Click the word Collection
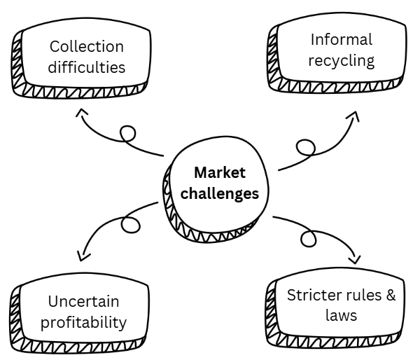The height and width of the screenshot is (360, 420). [x=87, y=47]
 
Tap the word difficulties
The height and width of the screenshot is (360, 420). [x=87, y=68]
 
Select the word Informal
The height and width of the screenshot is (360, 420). [x=342, y=39]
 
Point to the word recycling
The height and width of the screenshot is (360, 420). [x=342, y=61]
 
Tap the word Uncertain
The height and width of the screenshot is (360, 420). [x=84, y=301]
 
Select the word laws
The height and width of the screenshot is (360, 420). [x=341, y=316]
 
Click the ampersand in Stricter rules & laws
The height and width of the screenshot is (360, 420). [x=390, y=295]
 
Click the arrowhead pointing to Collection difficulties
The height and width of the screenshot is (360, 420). [x=83, y=112]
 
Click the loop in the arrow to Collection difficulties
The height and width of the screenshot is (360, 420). [x=127, y=133]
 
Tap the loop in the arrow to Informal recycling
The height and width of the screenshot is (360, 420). [x=306, y=147]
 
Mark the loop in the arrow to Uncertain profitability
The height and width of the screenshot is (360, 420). [x=129, y=225]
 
